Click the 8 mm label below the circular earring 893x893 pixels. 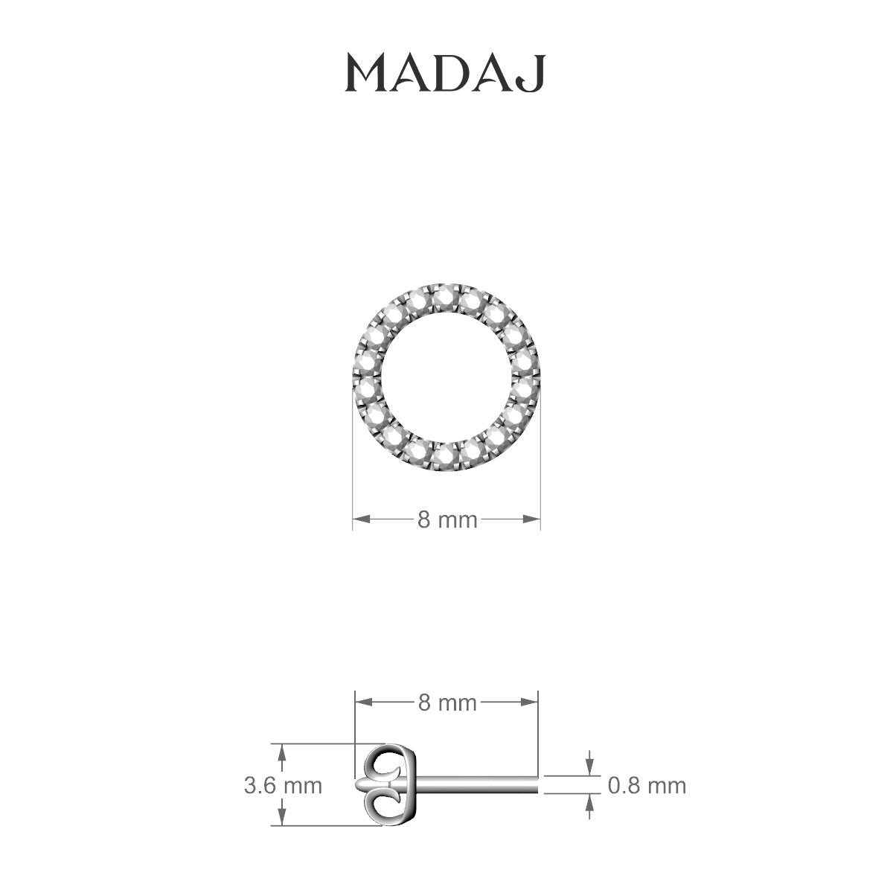tap(446, 519)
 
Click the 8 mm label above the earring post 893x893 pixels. tap(446, 702)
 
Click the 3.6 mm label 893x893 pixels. tap(283, 785)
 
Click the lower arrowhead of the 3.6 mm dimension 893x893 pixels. tap(281, 818)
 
